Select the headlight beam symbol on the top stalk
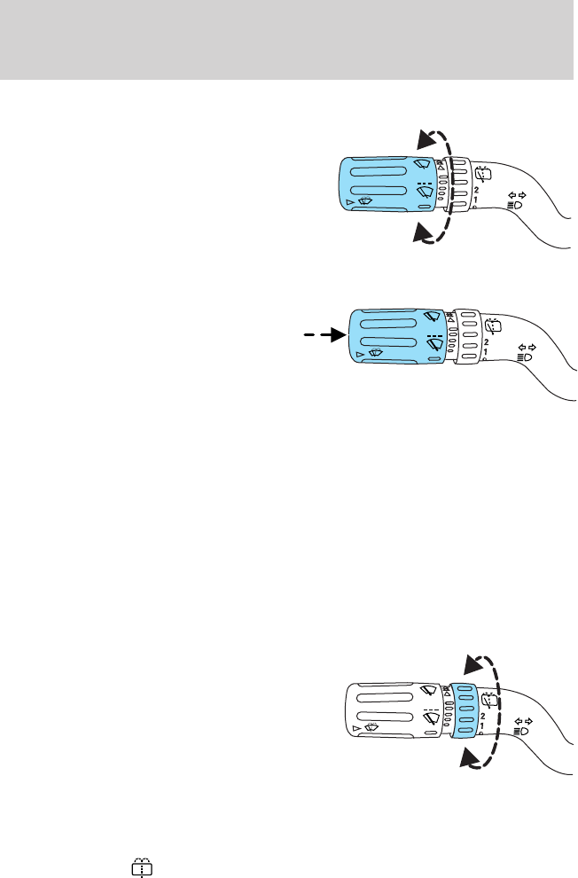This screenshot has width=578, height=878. point(513,204)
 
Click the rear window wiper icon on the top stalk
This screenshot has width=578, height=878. point(483,173)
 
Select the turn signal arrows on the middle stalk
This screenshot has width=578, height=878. point(526,347)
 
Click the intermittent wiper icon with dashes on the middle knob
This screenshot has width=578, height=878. point(433,341)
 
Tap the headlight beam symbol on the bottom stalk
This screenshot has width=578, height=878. point(519,730)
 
